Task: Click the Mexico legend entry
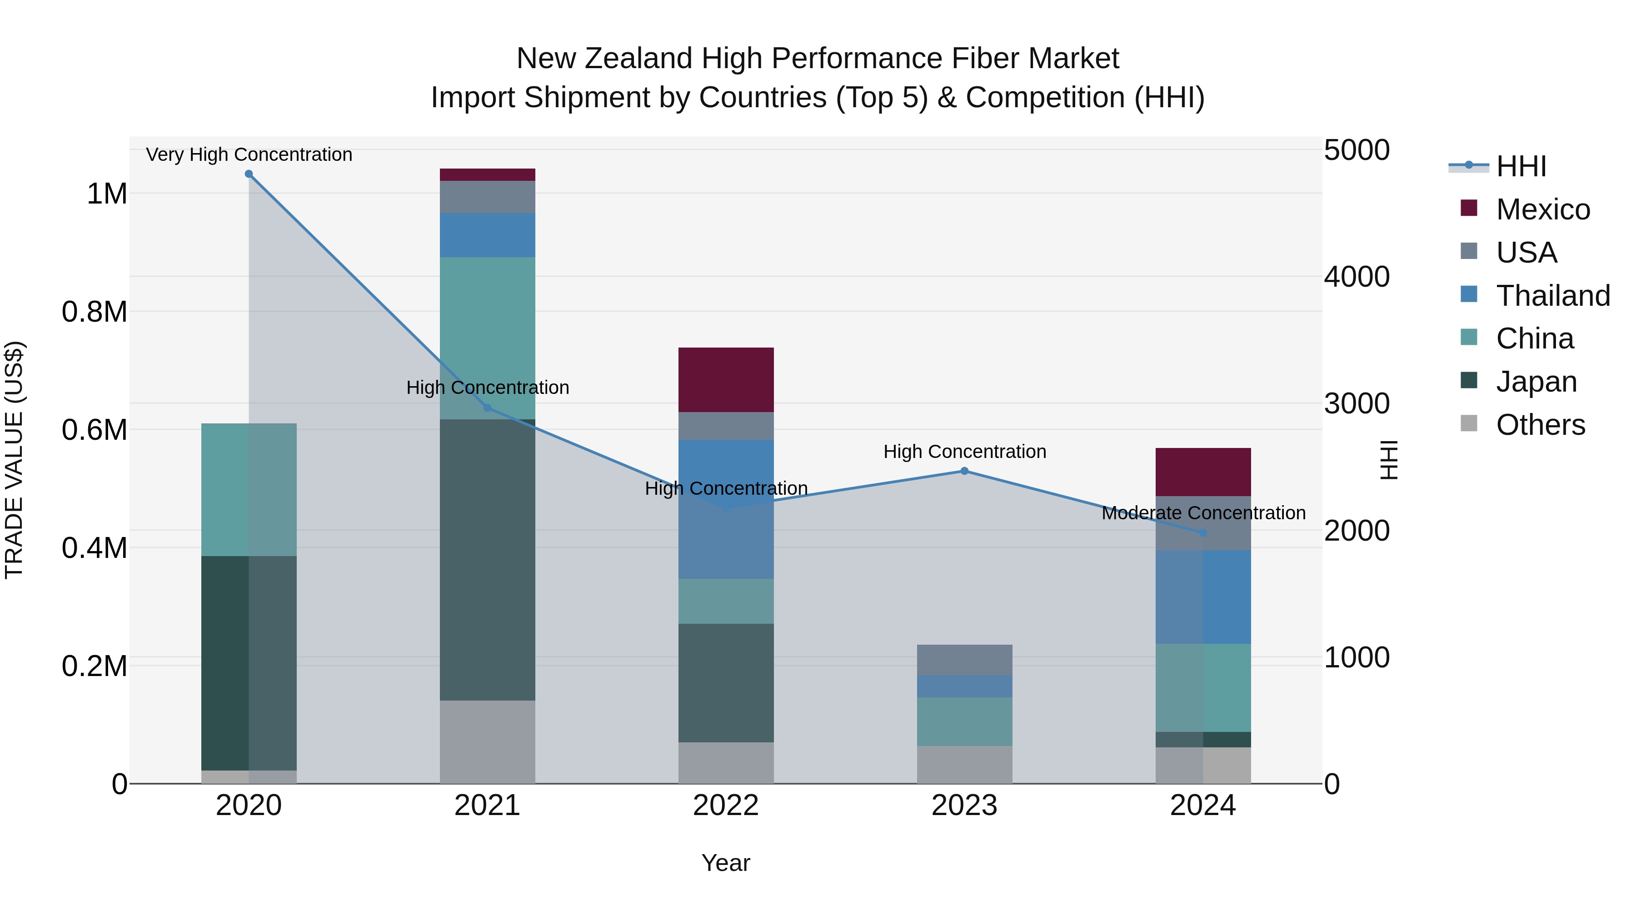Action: pos(1542,209)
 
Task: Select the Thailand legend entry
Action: pos(1552,296)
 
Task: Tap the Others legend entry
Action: pos(1540,425)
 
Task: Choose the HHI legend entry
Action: pos(1521,166)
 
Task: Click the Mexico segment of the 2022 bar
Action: pos(726,380)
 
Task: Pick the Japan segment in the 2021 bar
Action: pos(487,559)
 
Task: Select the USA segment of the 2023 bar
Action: pos(964,660)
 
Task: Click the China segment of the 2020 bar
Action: pos(248,489)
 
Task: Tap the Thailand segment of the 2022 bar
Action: pos(726,508)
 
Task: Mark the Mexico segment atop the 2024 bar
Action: pos(1203,472)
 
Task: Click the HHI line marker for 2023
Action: pos(964,471)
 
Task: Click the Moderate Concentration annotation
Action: pos(1203,513)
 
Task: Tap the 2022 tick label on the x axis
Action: pos(726,806)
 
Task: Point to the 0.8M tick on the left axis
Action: pos(94,312)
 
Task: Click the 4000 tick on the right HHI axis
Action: pos(1357,277)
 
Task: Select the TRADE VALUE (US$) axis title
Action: pos(14,460)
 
